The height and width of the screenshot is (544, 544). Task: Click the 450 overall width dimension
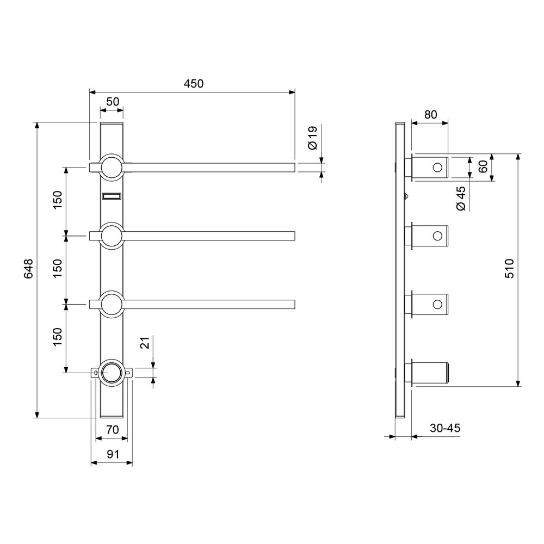[194, 84]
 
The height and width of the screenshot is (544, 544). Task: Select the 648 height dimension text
[28, 268]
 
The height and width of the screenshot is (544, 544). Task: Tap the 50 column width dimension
[113, 102]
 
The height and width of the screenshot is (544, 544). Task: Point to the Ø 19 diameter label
[312, 138]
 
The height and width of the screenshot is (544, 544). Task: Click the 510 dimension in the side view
[509, 268]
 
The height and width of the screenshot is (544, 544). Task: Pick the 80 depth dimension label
[430, 114]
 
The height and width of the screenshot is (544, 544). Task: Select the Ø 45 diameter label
[461, 198]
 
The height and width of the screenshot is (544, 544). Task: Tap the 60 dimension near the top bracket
[483, 167]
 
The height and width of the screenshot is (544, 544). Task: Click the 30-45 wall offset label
[445, 428]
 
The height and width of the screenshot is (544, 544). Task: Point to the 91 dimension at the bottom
[113, 454]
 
